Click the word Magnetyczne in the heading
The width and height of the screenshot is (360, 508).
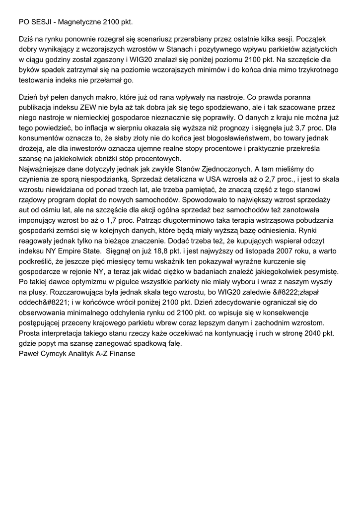(x=80, y=22)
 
